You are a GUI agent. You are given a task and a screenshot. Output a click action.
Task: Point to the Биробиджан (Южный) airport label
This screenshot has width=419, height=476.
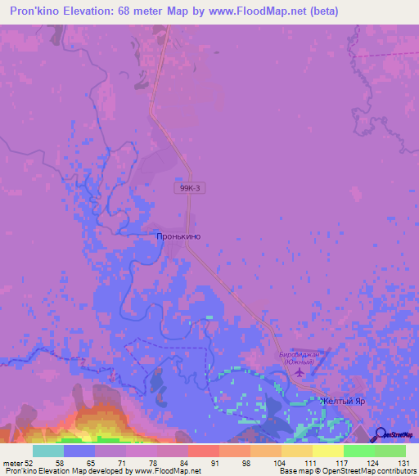(x=303, y=358)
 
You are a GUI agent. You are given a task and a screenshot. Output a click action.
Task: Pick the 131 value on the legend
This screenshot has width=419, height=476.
(x=404, y=463)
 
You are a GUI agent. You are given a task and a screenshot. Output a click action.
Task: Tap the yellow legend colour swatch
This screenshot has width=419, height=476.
(x=327, y=451)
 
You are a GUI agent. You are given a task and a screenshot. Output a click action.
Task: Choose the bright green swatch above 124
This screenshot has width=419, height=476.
(x=358, y=451)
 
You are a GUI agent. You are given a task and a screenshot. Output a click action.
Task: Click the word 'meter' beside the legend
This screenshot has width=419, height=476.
(x=12, y=463)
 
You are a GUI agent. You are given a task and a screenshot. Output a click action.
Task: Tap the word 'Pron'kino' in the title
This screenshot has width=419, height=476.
(x=36, y=11)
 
